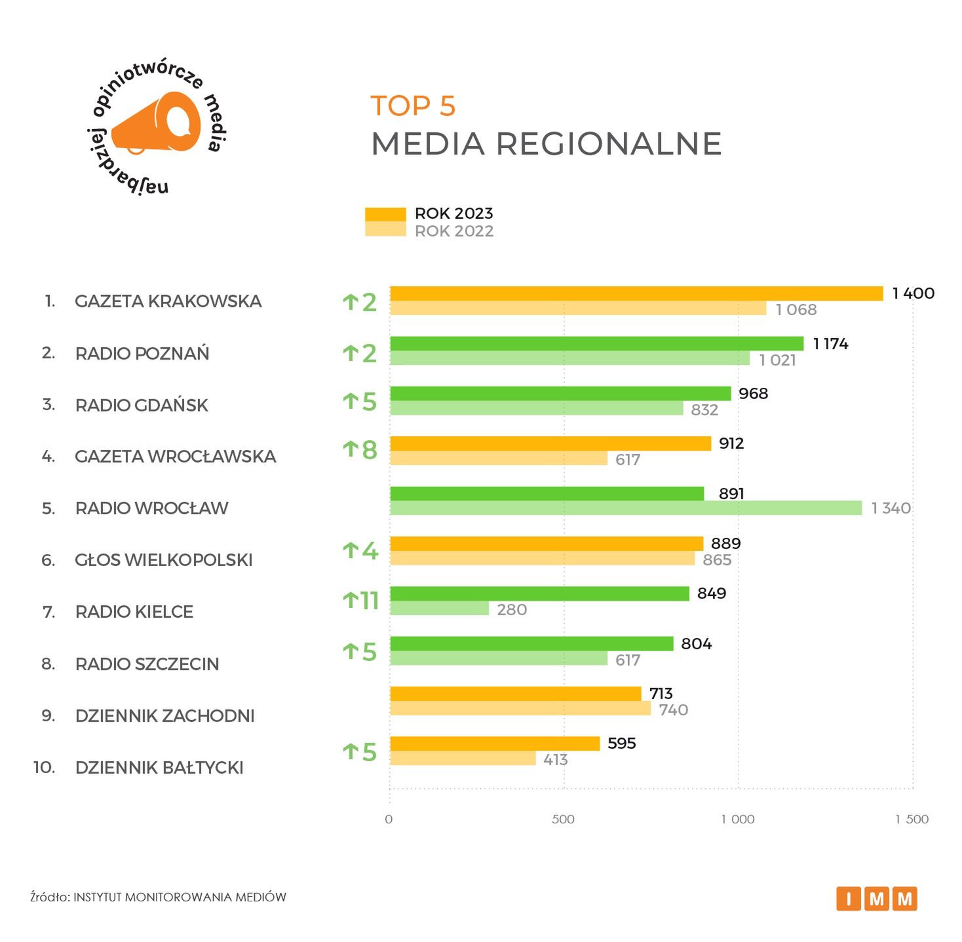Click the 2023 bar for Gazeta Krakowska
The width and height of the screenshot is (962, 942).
tap(636, 293)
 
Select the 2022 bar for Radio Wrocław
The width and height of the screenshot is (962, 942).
tap(625, 508)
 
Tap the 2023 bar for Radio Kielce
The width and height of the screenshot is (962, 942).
tap(539, 593)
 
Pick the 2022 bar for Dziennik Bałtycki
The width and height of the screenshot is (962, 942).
tap(463, 759)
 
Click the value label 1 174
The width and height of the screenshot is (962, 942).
tap(830, 344)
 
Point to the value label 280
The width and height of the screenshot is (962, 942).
tap(512, 610)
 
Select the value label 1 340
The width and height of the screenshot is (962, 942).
tap(891, 508)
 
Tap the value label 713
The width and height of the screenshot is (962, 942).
tap(661, 693)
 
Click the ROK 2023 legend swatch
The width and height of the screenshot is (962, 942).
tap(385, 214)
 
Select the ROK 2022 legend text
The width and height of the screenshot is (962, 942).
tap(454, 231)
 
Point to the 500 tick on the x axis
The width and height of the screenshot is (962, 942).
tap(563, 819)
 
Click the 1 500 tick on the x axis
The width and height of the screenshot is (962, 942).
tap(912, 819)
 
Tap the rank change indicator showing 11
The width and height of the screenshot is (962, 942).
tap(361, 600)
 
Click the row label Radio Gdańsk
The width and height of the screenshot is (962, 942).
tap(142, 405)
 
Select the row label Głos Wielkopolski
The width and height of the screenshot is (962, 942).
tap(164, 560)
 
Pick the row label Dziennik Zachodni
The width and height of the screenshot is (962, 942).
tap(164, 715)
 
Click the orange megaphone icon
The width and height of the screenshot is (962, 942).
tap(157, 123)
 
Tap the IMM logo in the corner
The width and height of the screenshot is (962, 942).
tap(876, 899)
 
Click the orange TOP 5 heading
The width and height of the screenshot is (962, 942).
tap(413, 106)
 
